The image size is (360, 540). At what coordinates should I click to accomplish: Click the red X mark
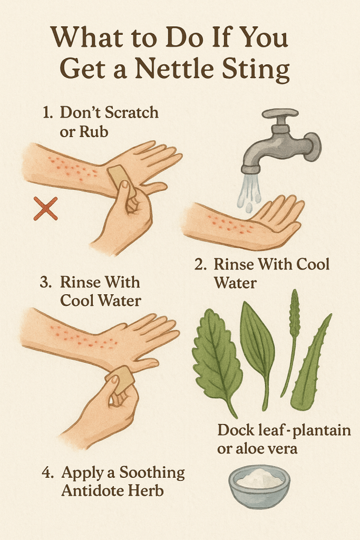pyautogui.click(x=45, y=208)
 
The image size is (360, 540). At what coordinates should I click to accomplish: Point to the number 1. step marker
pyautogui.click(x=47, y=113)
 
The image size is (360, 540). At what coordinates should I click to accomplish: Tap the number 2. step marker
pyautogui.click(x=201, y=265)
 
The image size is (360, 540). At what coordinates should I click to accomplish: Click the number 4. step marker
pyautogui.click(x=48, y=473)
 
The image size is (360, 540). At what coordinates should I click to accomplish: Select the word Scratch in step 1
pyautogui.click(x=131, y=113)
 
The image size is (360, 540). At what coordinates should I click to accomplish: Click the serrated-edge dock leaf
pyautogui.click(x=217, y=358)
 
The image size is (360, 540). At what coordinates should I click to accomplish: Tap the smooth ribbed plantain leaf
pyautogui.click(x=258, y=348)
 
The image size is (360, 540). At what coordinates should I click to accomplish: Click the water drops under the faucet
pyautogui.click(x=249, y=193)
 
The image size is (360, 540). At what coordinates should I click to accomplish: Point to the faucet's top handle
pyautogui.click(x=280, y=113)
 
